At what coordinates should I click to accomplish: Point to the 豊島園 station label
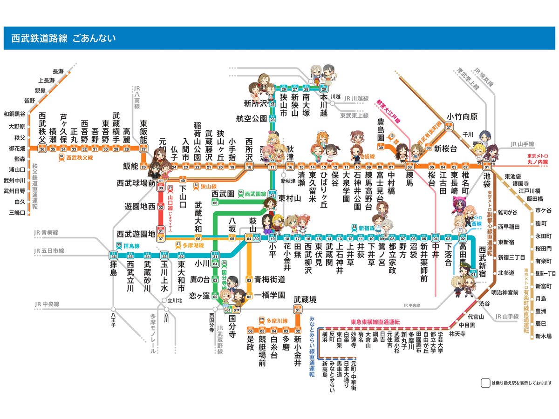381,131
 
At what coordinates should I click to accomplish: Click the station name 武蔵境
305,300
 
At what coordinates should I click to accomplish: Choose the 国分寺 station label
232,327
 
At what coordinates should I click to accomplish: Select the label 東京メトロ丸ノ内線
538,158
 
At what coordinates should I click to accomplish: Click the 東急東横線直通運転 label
375,322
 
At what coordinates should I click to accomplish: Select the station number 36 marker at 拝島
113,256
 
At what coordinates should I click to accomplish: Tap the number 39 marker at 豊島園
381,148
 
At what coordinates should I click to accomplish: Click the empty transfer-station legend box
485,383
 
